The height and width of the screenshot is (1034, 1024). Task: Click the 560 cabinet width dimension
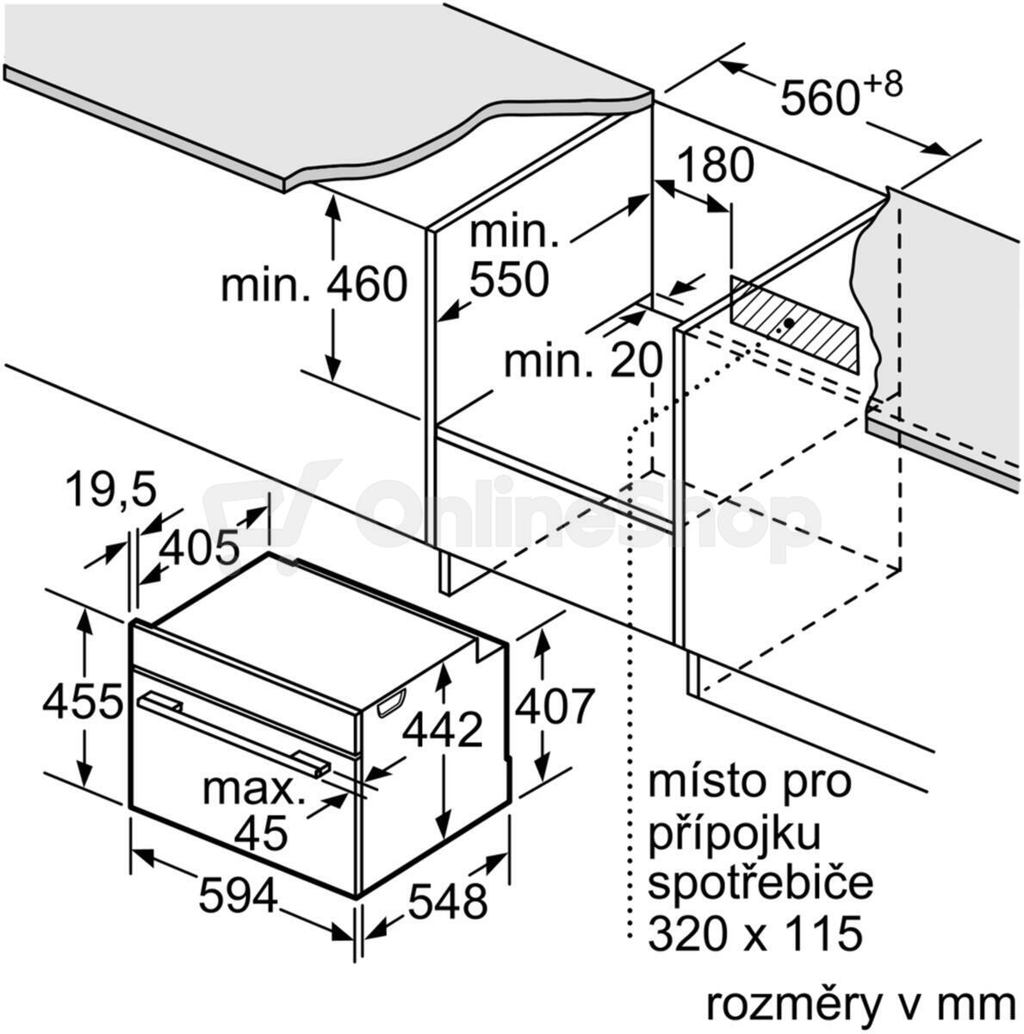pyautogui.click(x=819, y=97)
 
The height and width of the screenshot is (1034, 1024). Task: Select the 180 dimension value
pyautogui.click(x=715, y=165)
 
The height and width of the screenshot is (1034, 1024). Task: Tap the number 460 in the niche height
pyautogui.click(x=367, y=284)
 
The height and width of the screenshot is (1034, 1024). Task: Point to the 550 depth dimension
pyautogui.click(x=508, y=278)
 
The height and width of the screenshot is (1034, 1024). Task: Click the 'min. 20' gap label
pyautogui.click(x=582, y=360)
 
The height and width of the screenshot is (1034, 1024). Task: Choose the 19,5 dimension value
pyautogui.click(x=111, y=489)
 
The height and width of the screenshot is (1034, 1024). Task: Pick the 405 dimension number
pyautogui.click(x=199, y=547)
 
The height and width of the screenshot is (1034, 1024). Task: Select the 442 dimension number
pyautogui.click(x=443, y=730)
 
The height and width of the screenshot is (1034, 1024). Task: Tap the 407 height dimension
pyautogui.click(x=554, y=706)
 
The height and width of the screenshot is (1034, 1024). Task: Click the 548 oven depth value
pyautogui.click(x=447, y=900)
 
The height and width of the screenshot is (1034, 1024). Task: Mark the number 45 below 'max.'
pyautogui.click(x=261, y=832)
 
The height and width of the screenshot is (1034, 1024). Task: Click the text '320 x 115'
pyautogui.click(x=755, y=934)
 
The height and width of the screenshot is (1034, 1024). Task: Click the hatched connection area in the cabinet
pyautogui.click(x=795, y=324)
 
